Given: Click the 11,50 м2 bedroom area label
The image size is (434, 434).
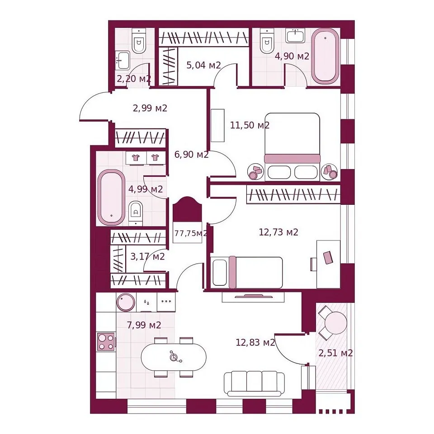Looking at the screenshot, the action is (x=250, y=125).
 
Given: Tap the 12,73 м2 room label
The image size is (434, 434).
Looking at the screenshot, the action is (x=278, y=232).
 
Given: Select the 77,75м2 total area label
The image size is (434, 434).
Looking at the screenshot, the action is (x=190, y=233).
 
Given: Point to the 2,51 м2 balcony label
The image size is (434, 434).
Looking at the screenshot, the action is (x=335, y=353).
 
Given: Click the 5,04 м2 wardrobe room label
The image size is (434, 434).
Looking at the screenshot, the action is (x=204, y=65).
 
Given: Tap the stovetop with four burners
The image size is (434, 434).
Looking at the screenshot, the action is (x=106, y=342).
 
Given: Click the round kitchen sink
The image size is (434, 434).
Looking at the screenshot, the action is (x=126, y=302).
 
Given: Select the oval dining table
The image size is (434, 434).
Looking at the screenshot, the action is (x=174, y=357).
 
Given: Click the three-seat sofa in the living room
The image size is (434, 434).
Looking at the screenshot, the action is (x=254, y=384).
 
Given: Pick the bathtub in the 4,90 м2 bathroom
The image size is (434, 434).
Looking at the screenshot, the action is (x=325, y=56).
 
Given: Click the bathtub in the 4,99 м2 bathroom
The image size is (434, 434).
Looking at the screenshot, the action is (x=111, y=197).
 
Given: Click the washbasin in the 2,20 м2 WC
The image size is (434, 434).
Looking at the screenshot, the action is (x=123, y=60).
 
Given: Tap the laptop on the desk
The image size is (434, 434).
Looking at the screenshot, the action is (x=328, y=257).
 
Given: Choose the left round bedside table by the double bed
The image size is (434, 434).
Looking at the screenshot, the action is (x=255, y=172).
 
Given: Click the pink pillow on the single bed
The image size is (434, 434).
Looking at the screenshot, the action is (x=232, y=272).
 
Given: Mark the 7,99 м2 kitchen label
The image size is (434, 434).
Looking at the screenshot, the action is (x=144, y=325).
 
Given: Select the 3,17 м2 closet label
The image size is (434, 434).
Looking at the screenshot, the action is (x=147, y=257).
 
